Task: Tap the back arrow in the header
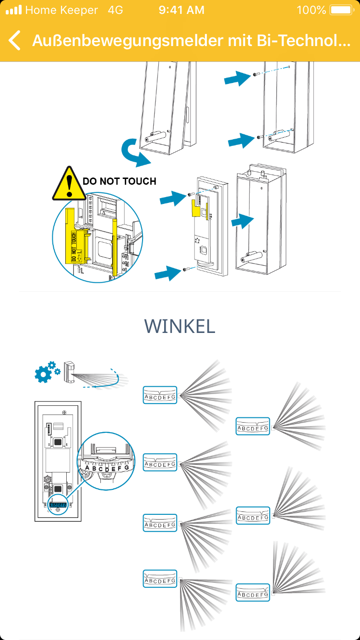[15, 40]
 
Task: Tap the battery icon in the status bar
[341, 10]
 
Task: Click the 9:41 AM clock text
[181, 10]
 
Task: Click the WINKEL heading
[180, 326]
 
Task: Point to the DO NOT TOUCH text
[120, 181]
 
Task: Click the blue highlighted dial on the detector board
[58, 505]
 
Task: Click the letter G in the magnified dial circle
[126, 467]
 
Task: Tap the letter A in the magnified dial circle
[87, 467]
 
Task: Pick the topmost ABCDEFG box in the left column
[160, 395]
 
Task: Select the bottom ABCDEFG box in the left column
[160, 579]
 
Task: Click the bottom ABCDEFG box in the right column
[253, 593]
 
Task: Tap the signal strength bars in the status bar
[13, 10]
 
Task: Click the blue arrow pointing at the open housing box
[242, 222]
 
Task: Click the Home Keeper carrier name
[61, 10]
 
